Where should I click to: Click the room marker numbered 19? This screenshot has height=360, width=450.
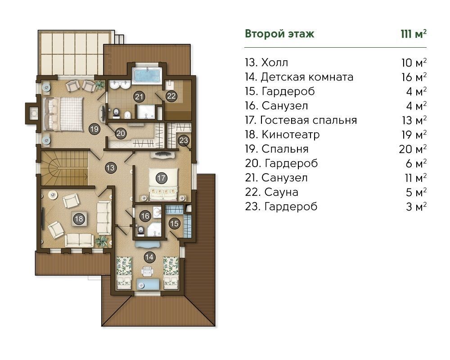pos(94,129)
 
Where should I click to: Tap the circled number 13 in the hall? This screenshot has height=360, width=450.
pos(111,167)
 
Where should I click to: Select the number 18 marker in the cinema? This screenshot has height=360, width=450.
pos(79,219)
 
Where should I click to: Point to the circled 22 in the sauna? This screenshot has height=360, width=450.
pos(171,95)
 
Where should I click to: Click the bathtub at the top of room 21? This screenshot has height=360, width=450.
pos(147,75)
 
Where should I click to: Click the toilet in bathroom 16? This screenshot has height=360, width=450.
pos(140,230)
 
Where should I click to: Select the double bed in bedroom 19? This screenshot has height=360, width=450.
pos(63,114)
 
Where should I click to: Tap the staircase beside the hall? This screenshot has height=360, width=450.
pos(64,169)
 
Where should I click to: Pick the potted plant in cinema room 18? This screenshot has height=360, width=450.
pos(102,241)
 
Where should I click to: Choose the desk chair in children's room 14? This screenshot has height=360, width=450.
pos(147,270)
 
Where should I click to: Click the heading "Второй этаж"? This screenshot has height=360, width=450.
pos(279,34)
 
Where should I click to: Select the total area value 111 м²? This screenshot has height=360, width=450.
pos(414,34)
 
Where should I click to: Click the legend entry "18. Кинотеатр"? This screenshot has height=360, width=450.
pos(283,135)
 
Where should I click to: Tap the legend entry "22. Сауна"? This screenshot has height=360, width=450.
pos(271,192)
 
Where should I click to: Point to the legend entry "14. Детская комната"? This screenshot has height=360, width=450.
pos(299,77)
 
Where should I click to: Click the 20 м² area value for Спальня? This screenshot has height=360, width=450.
pos(413,148)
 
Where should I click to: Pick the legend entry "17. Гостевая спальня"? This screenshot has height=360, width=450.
pos(301,120)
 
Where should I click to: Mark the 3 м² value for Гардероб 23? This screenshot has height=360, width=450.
pos(416,207)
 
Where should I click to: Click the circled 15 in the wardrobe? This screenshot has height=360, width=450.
pos(174,223)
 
